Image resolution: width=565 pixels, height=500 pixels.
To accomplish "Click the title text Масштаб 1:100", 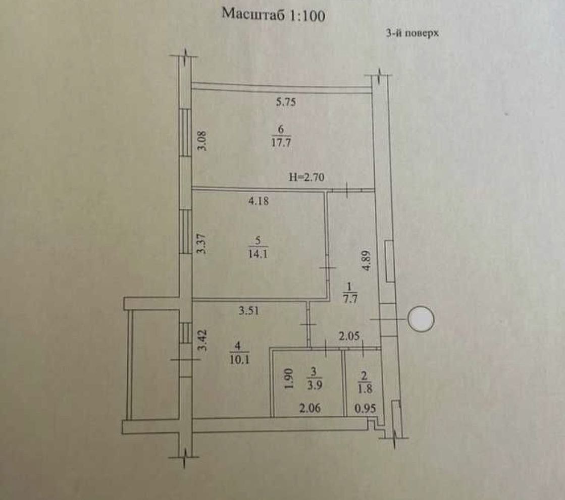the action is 273,15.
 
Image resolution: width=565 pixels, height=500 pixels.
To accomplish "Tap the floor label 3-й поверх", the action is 412,33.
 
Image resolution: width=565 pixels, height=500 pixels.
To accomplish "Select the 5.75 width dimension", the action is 286,102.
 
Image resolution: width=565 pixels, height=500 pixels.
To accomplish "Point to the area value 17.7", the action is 281,142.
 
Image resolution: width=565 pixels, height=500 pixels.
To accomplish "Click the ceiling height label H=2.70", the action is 306,177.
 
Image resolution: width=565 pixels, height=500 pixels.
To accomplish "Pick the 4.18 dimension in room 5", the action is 259,201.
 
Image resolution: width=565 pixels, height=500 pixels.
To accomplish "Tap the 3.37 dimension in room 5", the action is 202,243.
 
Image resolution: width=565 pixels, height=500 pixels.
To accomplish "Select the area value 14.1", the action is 258,254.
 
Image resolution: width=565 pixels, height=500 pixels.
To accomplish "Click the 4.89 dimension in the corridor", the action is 367,261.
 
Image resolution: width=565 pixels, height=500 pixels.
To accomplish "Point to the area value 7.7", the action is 350,299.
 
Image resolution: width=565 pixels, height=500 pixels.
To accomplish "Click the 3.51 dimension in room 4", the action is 248,311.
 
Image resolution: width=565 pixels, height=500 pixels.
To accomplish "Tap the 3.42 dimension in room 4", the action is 203,340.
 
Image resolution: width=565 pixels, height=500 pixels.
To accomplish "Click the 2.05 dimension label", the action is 349,336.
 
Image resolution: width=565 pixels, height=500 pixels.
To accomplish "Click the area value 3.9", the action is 315,385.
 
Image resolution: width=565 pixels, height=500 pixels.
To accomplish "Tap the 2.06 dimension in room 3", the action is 310,408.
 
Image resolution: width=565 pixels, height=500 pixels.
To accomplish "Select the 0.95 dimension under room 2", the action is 365,408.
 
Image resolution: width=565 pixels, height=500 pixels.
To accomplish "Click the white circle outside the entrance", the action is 421,319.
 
